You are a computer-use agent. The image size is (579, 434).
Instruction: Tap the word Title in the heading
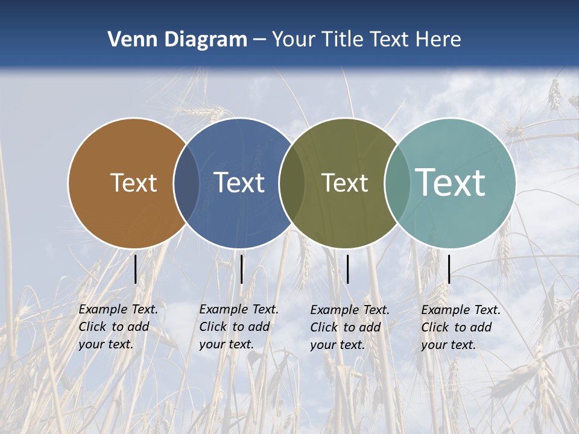(344, 40)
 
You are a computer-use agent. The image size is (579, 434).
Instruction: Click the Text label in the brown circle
(133, 183)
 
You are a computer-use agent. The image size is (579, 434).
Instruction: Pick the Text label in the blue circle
(239, 183)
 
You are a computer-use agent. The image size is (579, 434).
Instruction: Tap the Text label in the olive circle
(344, 183)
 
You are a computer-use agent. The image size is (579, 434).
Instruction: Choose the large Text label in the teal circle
(451, 183)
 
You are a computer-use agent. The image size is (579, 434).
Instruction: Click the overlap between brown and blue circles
(186, 183)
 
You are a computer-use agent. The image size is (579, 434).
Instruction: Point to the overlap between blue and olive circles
(292, 183)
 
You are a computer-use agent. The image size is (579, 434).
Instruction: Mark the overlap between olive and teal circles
(397, 183)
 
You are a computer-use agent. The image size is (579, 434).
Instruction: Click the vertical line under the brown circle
(135, 269)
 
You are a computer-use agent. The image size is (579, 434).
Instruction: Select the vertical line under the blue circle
(241, 269)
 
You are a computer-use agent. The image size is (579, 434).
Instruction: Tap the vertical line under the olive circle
(347, 269)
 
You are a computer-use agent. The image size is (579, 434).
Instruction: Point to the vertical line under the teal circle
(449, 269)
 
